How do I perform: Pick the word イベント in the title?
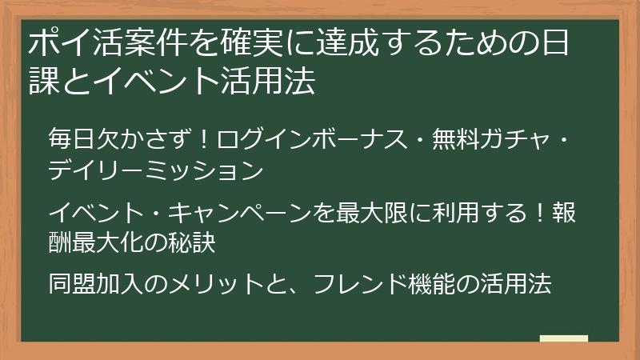[146, 82]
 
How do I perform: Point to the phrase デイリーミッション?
[155, 170]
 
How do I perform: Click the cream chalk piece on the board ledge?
[564, 338]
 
